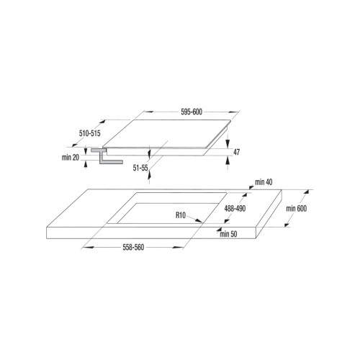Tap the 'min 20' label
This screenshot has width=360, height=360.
click(x=71, y=156)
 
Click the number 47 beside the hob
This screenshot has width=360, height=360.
click(x=236, y=152)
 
